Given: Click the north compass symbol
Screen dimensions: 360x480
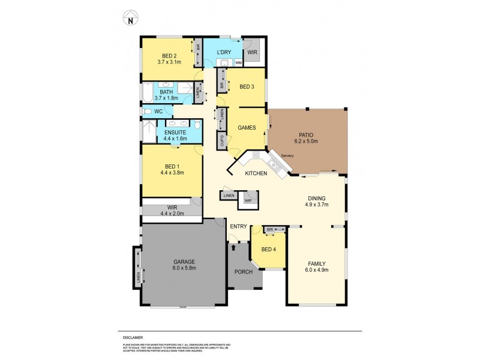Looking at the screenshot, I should (130, 19).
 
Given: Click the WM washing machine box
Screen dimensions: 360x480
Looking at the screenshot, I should (238, 62).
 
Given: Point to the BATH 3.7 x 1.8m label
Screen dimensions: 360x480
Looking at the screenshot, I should (167, 95).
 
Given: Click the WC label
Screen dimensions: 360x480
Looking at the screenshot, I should (158, 112).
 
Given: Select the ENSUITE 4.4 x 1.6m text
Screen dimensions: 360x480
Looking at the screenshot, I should (175, 135).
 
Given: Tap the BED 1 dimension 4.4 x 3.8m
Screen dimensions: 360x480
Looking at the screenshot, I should (172, 173).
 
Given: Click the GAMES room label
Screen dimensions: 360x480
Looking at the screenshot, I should (248, 128).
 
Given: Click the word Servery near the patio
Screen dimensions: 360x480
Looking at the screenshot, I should (287, 157).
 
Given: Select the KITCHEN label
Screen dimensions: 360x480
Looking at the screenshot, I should (256, 173).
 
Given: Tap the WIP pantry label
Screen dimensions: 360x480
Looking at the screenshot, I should (248, 200).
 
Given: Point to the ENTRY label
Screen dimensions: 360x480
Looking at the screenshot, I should (238, 226).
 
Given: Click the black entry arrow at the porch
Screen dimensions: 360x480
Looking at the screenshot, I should (233, 246).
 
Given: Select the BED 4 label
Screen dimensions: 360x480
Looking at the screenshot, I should (268, 250).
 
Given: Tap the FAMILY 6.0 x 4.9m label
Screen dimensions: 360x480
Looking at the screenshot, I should (317, 266).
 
